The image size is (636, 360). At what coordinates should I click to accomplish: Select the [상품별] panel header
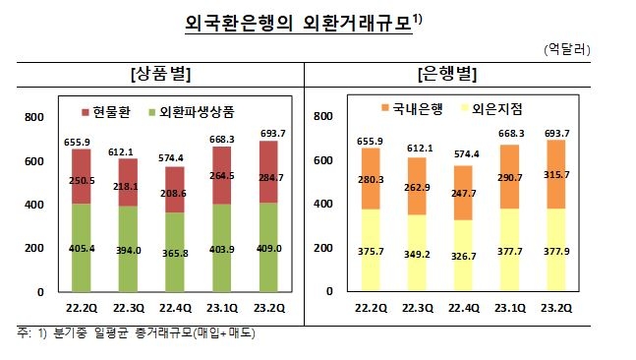click(160, 74)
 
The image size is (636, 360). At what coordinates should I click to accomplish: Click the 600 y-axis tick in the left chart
click(34, 161)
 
